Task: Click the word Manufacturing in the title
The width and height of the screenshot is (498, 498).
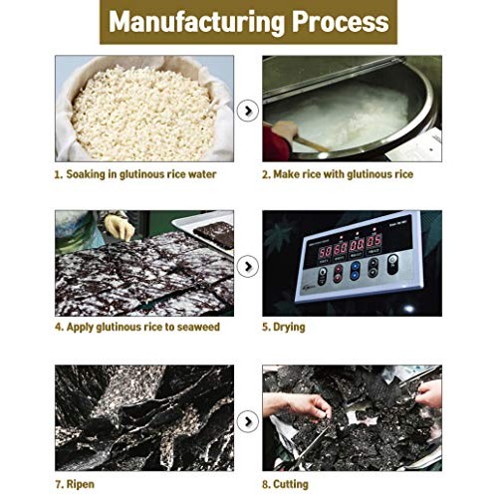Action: pyautogui.click(x=196, y=22)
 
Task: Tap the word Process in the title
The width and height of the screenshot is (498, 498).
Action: pyautogui.click(x=341, y=21)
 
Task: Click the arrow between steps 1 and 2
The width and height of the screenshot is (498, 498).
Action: pyautogui.click(x=248, y=111)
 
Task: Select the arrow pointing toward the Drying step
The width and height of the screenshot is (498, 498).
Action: pyautogui.click(x=248, y=266)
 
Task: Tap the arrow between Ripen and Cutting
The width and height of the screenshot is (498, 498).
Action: pyautogui.click(x=248, y=421)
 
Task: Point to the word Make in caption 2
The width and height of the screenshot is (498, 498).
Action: pyautogui.click(x=286, y=174)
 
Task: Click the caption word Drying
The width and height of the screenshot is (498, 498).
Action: pyautogui.click(x=289, y=328)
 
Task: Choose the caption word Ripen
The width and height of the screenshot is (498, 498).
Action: pyautogui.click(x=81, y=484)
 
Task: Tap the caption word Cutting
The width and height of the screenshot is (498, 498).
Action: pyautogui.click(x=291, y=484)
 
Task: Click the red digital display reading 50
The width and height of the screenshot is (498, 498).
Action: pyautogui.click(x=325, y=251)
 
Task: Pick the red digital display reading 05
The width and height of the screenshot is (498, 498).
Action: pyautogui.click(x=373, y=240)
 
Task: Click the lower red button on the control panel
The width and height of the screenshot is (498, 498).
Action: pyautogui.click(x=339, y=277)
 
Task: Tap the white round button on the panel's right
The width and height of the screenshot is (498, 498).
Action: pyautogui.click(x=392, y=259)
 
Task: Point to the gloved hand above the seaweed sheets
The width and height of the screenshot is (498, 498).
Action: pyautogui.click(x=119, y=226)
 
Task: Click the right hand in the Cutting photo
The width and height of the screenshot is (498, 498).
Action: pyautogui.click(x=429, y=393)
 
